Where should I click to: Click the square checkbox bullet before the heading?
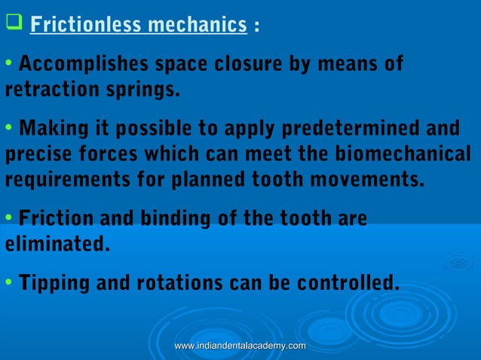pos(12,24)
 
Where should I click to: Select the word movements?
pos(367,181)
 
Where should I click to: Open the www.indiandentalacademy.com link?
pos(240,346)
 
